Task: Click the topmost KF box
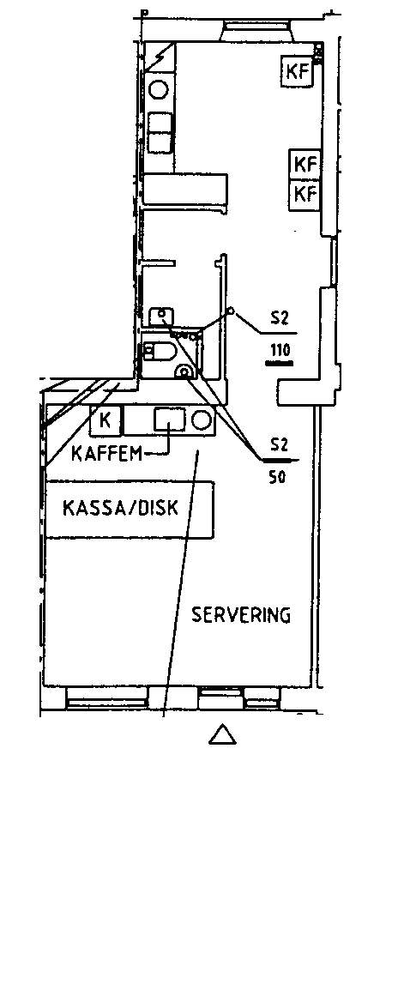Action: (x=298, y=71)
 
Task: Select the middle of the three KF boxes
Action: (x=305, y=164)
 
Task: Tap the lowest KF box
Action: (x=305, y=194)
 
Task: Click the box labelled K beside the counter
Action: (x=106, y=420)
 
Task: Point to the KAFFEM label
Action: (x=106, y=453)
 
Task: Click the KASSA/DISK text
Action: (x=120, y=508)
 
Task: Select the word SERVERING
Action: (x=241, y=614)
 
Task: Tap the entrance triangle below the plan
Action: (x=222, y=734)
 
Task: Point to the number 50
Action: (x=278, y=477)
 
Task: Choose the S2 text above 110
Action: (x=280, y=318)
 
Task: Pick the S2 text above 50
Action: (x=279, y=444)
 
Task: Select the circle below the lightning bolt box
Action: (x=159, y=89)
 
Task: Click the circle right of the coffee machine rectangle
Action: (x=202, y=420)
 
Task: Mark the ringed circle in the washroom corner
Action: (x=185, y=372)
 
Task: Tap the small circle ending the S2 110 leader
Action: (x=232, y=311)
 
